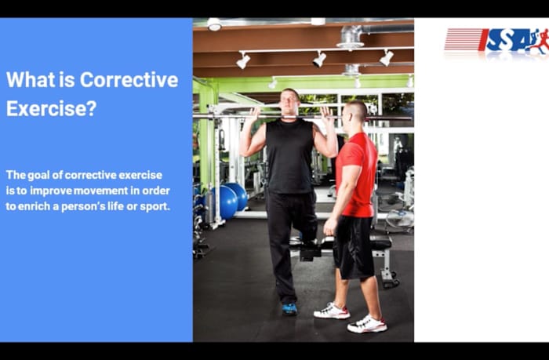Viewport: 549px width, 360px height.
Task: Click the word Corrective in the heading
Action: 129,80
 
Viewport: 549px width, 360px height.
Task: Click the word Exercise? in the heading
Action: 52,108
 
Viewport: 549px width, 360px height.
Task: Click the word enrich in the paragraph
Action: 39,206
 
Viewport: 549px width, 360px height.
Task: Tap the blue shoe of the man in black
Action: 290,308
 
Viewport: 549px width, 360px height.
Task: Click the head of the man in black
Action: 289,102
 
